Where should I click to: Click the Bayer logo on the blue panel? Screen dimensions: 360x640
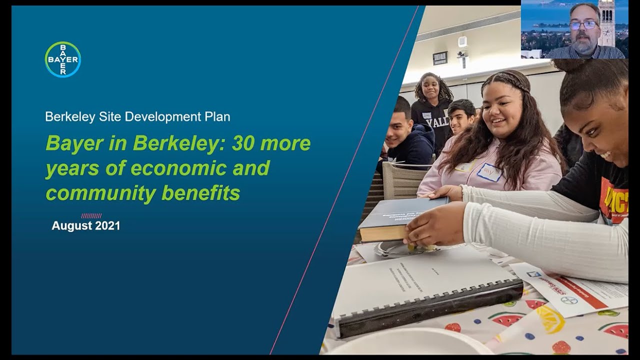[x=62, y=59]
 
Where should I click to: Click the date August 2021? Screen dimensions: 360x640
[x=86, y=226]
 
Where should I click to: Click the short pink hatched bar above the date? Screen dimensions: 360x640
[x=91, y=216]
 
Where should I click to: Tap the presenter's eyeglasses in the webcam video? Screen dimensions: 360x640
[x=583, y=25]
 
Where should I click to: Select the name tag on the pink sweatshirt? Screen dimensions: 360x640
[x=488, y=172]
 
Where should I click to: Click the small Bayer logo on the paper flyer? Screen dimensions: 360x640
[x=569, y=300]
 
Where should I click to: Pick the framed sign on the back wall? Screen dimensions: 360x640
[x=440, y=58]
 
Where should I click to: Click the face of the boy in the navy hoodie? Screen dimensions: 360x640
[x=399, y=128]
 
